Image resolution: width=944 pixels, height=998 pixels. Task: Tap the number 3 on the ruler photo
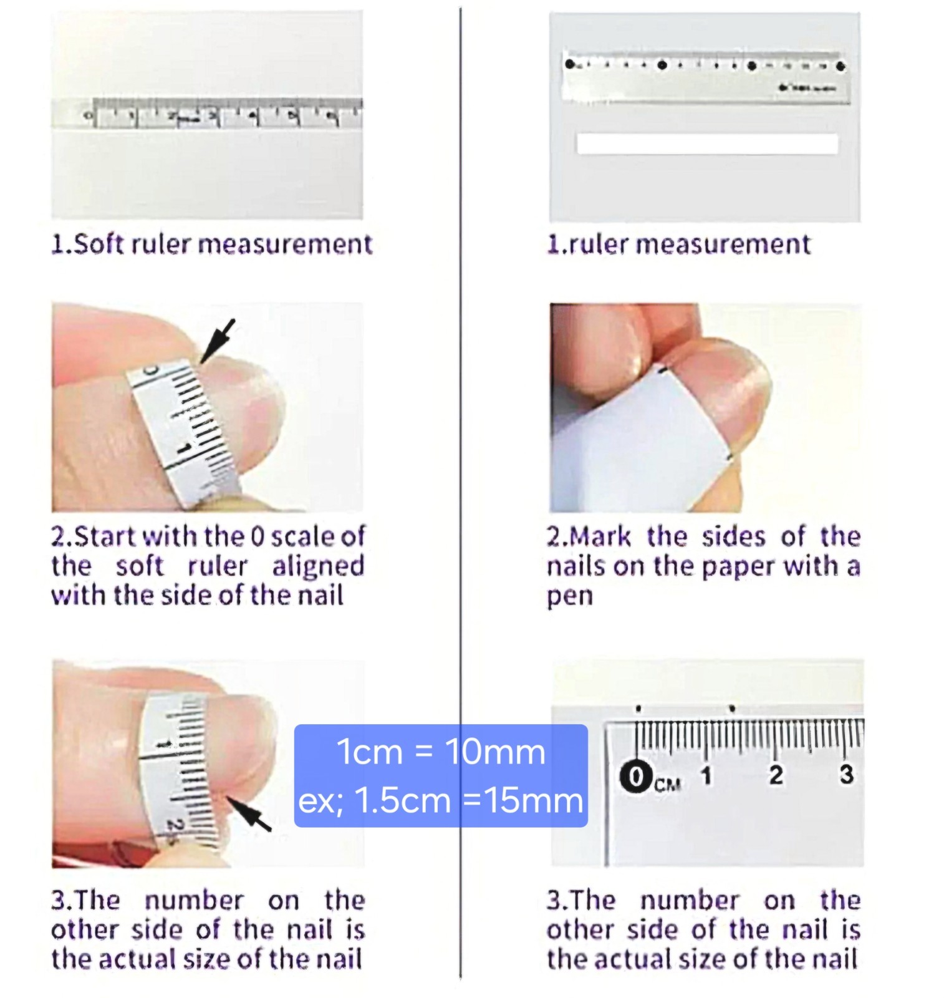coord(846,774)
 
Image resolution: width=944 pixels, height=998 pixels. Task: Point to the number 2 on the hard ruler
coord(776,775)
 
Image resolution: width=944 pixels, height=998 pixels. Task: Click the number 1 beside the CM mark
coord(706,775)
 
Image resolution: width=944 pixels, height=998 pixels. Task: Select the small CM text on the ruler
coord(667,785)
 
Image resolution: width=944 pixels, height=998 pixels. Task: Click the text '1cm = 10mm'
coord(441,752)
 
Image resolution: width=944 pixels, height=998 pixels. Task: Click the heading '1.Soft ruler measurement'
coord(212,243)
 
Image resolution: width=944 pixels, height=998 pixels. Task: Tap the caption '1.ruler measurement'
coord(678,243)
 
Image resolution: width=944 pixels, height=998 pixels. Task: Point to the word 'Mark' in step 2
coord(600,536)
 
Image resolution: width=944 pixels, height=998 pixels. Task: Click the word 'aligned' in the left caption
coord(318,566)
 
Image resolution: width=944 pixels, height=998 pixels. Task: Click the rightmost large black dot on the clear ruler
coord(840,65)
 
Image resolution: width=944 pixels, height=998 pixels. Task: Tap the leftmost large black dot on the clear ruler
coord(569,64)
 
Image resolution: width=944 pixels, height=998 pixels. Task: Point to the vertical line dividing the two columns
coord(461,493)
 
